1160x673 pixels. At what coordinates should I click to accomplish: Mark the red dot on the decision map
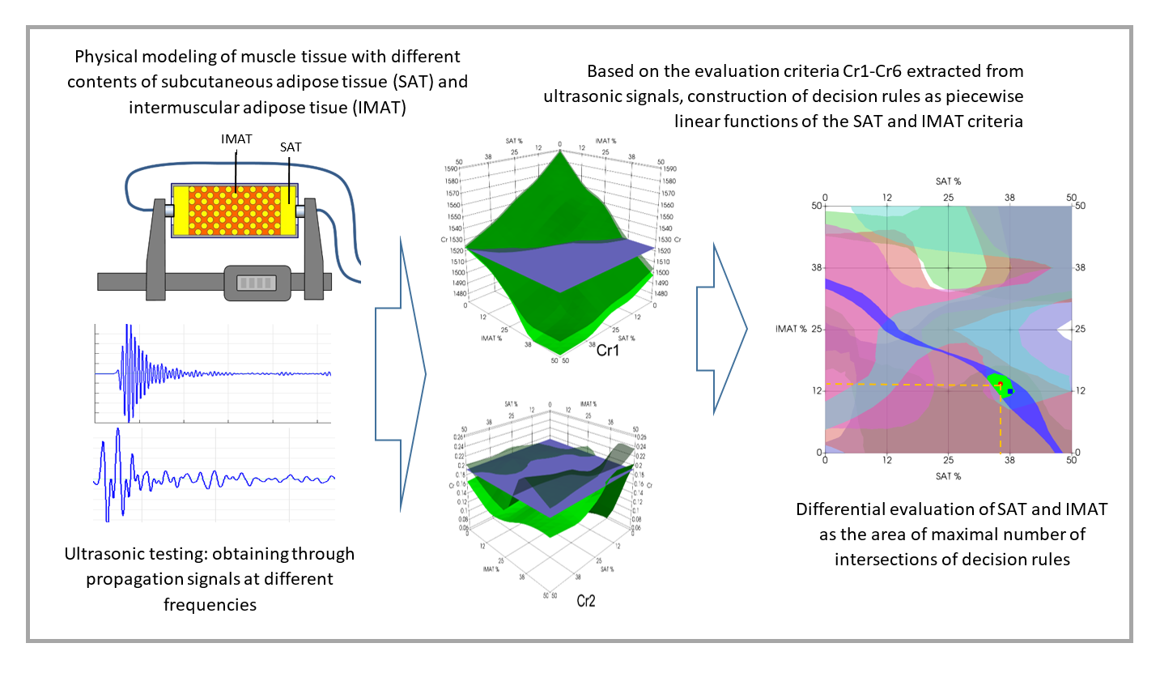click(x=1001, y=385)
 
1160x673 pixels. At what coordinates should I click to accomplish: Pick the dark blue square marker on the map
click(x=1010, y=391)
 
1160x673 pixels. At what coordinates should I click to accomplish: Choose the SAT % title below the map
click(x=948, y=476)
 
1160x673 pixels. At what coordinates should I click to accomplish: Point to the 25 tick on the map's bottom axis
click(x=948, y=460)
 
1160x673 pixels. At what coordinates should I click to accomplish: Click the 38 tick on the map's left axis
click(x=816, y=267)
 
